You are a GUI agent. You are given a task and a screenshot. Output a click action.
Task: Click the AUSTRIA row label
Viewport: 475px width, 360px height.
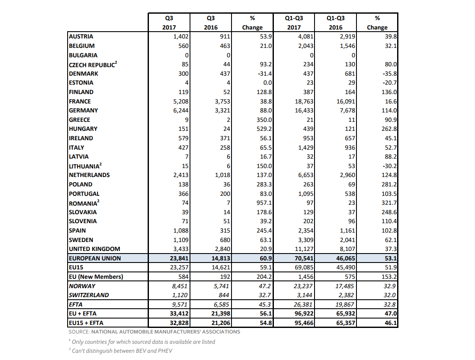pos(81,37)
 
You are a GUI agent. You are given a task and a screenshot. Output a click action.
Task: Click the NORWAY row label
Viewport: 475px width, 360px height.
pos(82,286)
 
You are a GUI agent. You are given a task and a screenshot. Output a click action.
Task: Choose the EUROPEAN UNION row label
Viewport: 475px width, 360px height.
pos(95,258)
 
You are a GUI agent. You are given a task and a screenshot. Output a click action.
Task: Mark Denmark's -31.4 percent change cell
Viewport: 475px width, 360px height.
pos(264,74)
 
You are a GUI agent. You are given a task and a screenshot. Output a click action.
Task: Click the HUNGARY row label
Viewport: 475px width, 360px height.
pos(83,129)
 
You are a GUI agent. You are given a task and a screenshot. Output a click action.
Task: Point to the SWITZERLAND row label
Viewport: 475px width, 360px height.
pos(89,295)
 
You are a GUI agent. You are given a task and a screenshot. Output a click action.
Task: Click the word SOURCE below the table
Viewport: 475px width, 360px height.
pos(78,332)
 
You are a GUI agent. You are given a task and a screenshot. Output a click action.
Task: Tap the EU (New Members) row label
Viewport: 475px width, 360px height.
pos(96,277)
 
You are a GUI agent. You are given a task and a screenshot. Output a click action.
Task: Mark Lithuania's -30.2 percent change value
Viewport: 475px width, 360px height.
pos(389,166)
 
